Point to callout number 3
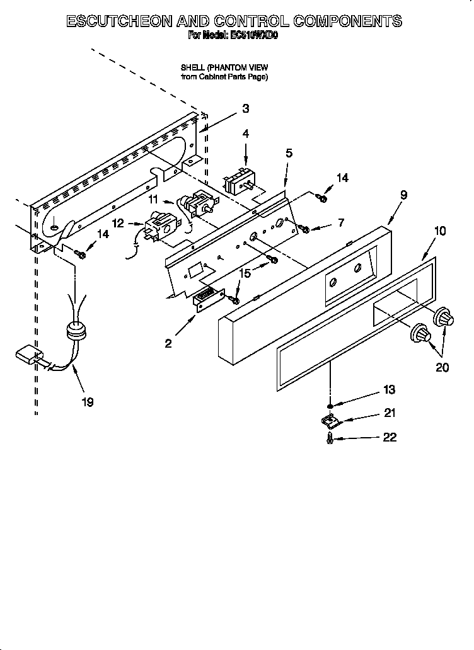click(x=245, y=108)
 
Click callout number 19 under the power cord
click(x=88, y=402)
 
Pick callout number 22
click(x=390, y=438)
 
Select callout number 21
click(x=390, y=413)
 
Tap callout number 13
click(x=389, y=390)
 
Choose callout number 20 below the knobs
click(x=442, y=367)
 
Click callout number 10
click(x=439, y=231)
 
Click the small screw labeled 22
click(x=330, y=440)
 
